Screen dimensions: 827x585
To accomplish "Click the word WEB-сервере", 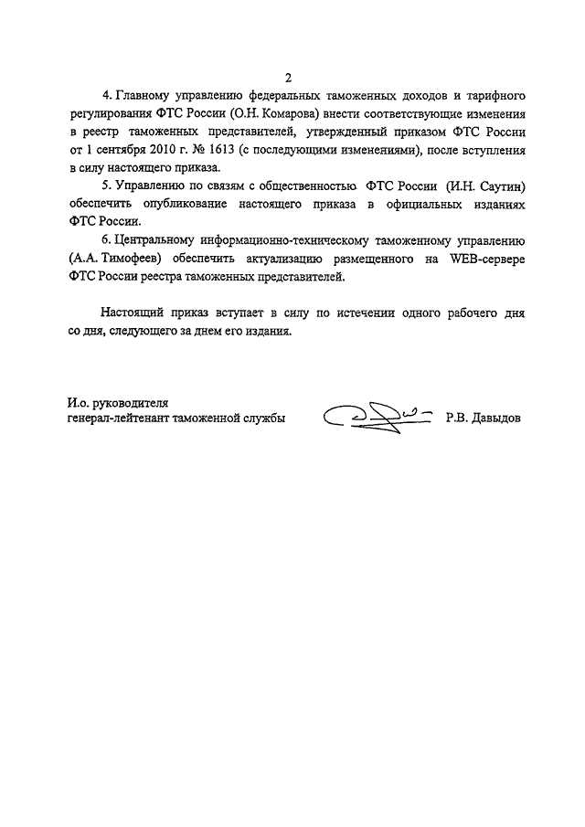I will click(488, 260).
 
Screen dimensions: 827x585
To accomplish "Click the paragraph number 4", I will click(107, 96).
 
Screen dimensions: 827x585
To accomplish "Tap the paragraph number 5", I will click(107, 186).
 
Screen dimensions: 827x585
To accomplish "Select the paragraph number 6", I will click(107, 242).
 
